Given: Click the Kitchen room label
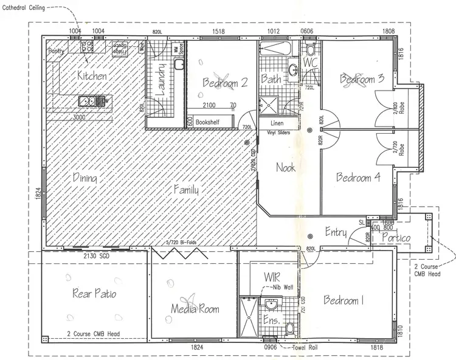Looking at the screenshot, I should point(92,76).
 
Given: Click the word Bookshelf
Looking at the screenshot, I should point(208,122).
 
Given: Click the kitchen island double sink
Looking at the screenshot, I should point(88,101).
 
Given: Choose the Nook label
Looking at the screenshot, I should point(286,167).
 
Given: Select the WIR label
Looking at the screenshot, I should point(272,277).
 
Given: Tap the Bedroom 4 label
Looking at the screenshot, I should point(359,178).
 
